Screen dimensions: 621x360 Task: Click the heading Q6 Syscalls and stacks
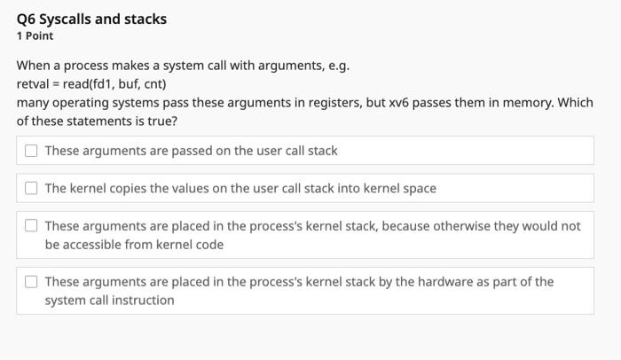coord(91,19)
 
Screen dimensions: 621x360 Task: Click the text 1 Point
coord(35,36)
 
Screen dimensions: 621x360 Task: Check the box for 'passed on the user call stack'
coord(31,151)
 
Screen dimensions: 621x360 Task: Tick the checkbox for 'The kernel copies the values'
coord(31,188)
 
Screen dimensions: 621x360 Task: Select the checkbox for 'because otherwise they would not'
coord(31,226)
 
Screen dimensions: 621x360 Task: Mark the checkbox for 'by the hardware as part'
coord(31,282)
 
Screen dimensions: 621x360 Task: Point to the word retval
coord(34,84)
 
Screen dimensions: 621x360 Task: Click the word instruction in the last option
coord(143,301)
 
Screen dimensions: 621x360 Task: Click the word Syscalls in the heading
coord(68,19)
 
